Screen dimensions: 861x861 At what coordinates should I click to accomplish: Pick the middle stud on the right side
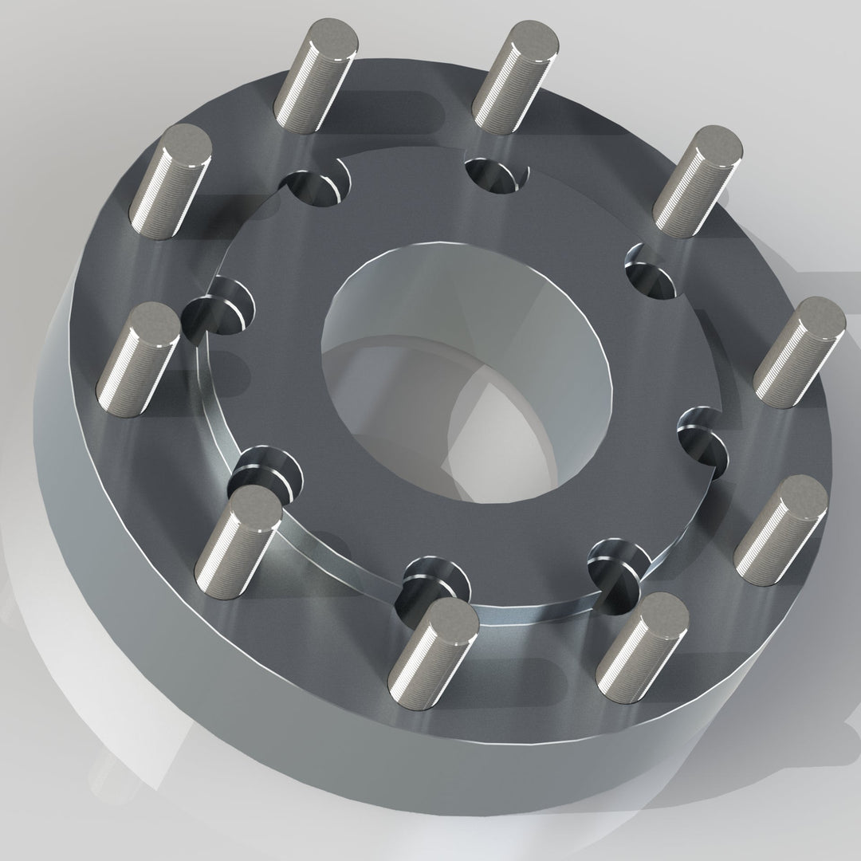point(799,351)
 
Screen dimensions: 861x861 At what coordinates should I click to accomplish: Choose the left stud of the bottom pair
point(433,654)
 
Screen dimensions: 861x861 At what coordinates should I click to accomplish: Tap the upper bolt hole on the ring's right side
point(654,271)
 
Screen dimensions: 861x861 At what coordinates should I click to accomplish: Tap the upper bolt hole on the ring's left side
point(219,307)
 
